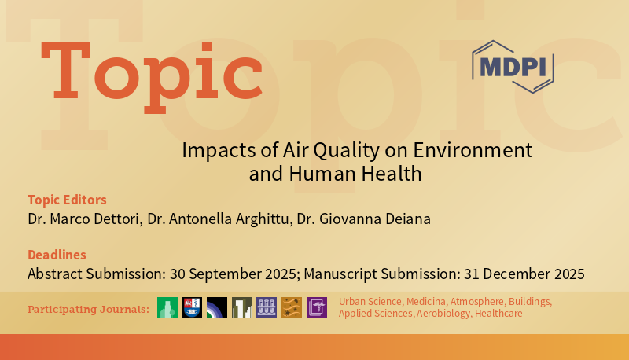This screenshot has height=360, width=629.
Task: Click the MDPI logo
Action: click(x=513, y=67)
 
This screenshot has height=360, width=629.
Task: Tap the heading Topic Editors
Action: click(x=67, y=200)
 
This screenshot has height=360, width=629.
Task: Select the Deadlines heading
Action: click(x=57, y=255)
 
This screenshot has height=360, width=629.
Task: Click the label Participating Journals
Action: click(x=88, y=309)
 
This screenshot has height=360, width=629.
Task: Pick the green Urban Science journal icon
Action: click(x=167, y=307)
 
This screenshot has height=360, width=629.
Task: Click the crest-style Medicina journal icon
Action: click(x=192, y=307)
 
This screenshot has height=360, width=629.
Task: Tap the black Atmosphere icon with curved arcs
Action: click(x=217, y=307)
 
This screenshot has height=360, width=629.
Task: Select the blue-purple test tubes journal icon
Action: click(x=267, y=307)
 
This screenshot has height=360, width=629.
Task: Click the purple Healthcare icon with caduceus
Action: click(x=316, y=307)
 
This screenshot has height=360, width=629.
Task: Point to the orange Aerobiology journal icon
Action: click(x=292, y=307)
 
